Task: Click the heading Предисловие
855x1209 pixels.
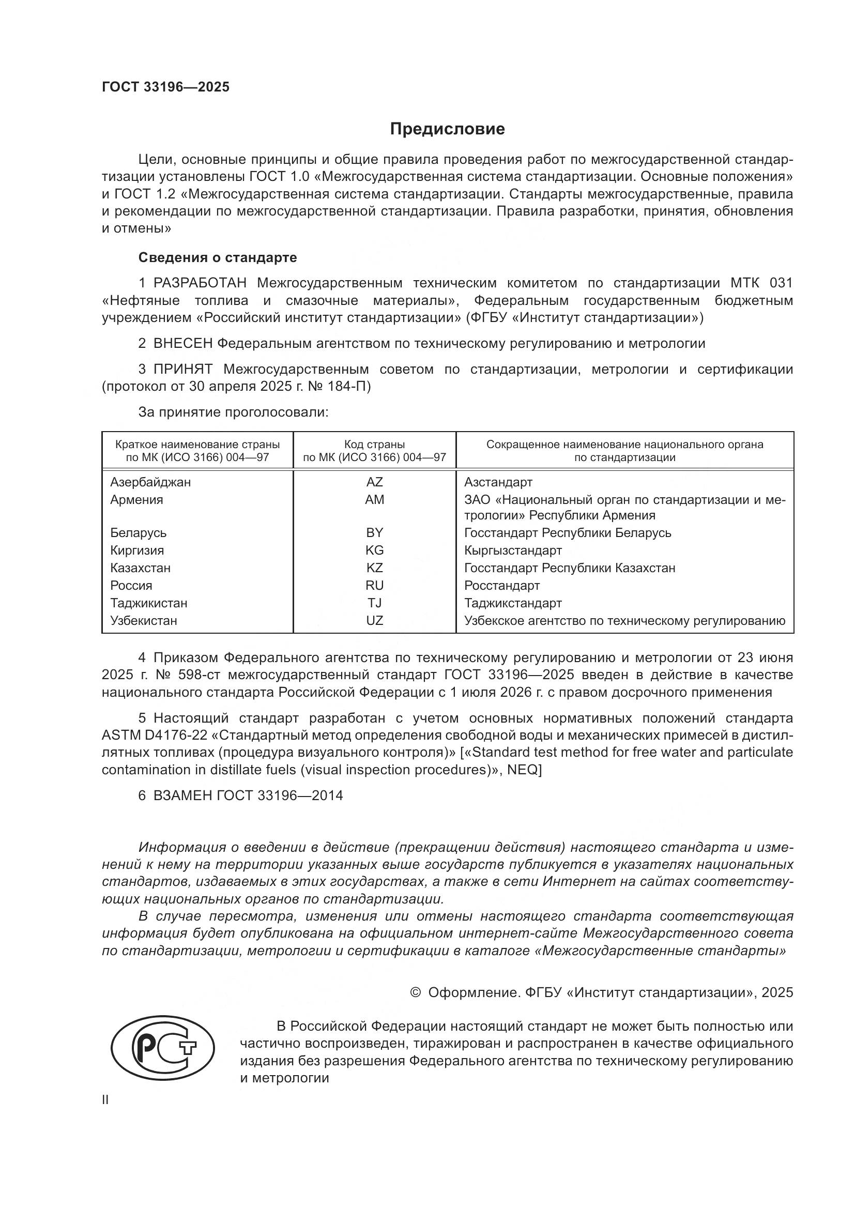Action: tap(447, 129)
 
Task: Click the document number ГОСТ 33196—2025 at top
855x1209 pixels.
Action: tap(166, 87)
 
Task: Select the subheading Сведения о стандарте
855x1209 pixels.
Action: tap(218, 257)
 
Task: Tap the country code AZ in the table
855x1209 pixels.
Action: tap(374, 482)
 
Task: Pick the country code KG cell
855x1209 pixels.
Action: tap(374, 550)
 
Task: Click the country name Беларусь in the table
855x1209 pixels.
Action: tap(139, 532)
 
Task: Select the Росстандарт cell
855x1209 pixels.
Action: tap(502, 585)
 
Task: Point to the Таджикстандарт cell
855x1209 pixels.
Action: tap(513, 603)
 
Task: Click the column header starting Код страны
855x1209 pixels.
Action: tap(374, 451)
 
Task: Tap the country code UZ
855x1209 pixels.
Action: tap(374, 620)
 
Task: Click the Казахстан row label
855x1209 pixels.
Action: tap(140, 568)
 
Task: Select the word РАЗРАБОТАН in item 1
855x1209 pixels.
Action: tap(200, 283)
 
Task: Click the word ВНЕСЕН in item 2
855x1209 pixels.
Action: tap(183, 344)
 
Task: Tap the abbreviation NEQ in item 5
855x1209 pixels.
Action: tap(524, 769)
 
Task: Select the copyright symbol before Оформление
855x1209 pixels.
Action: tap(416, 992)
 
